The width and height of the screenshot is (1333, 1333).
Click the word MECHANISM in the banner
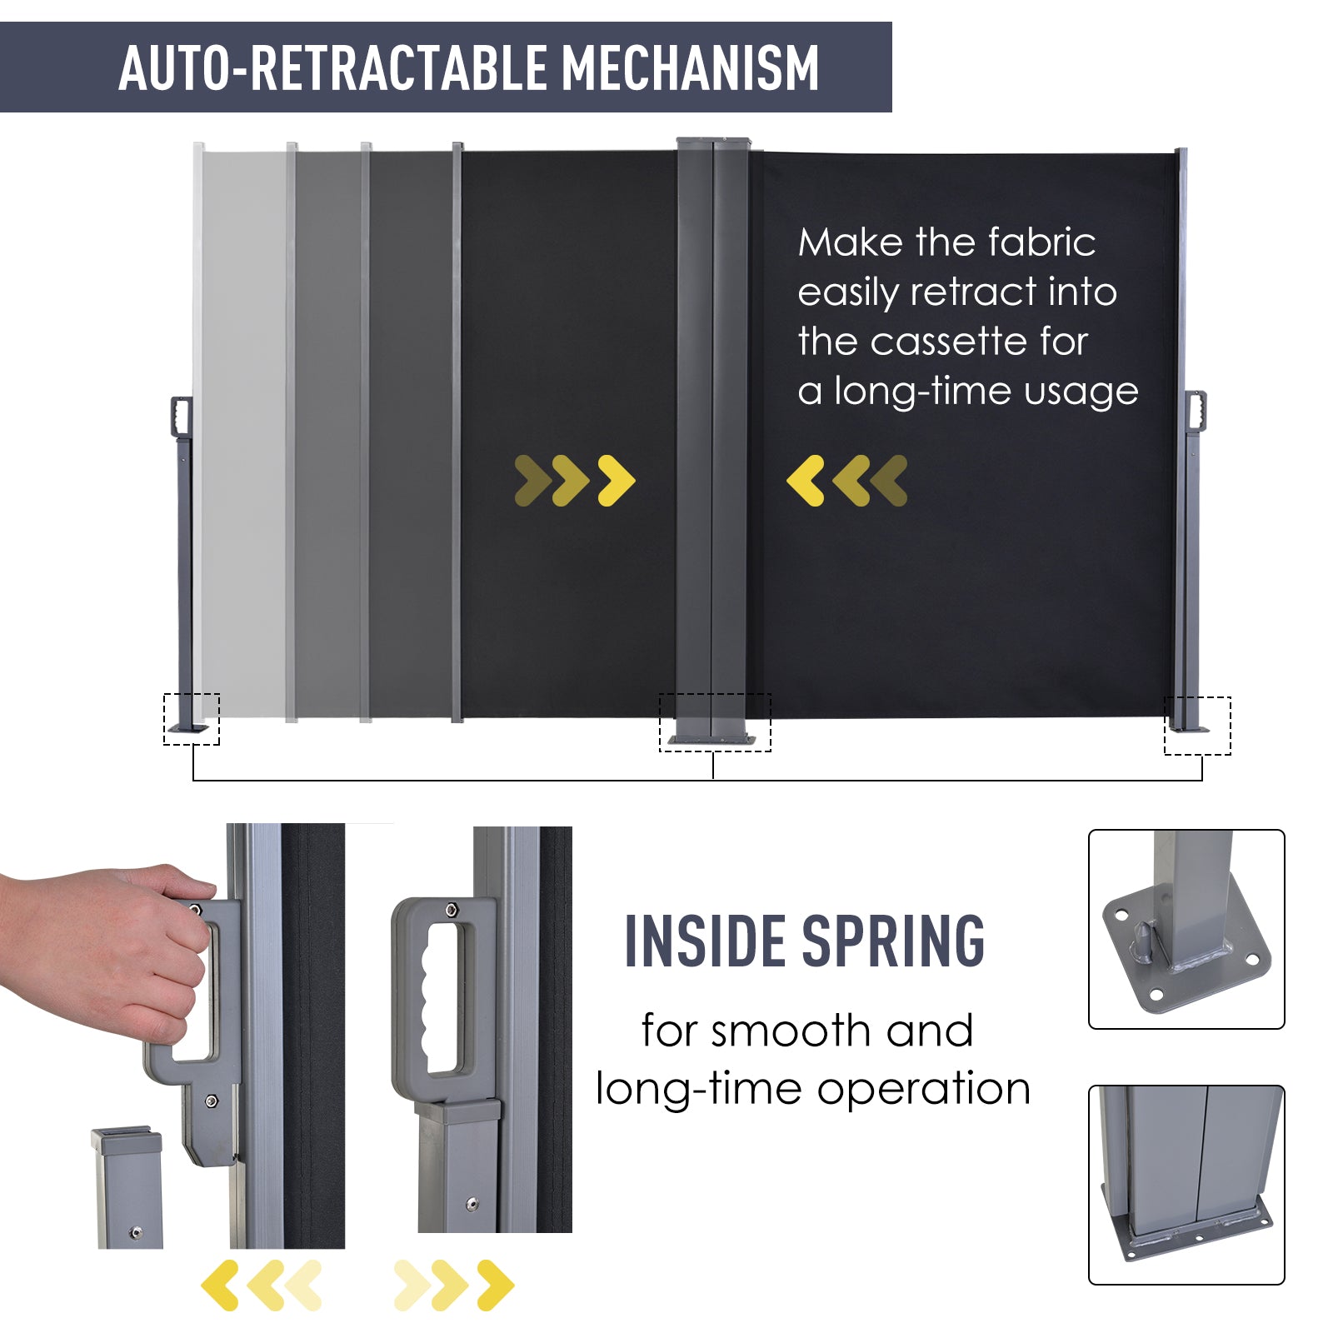point(691,67)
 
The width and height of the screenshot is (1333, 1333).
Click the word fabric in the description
point(1041,242)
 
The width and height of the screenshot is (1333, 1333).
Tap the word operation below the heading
point(924,1089)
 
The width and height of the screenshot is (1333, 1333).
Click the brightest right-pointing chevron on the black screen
point(617,481)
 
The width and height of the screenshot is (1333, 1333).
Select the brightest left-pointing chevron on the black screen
point(806,481)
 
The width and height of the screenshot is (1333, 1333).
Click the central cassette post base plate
point(712,739)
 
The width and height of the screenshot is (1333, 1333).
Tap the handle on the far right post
point(1196,411)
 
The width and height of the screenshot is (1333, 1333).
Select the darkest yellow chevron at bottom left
point(220,1286)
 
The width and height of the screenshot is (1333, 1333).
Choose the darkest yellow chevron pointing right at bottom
point(496,1286)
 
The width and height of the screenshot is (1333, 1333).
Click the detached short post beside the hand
point(128,1188)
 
